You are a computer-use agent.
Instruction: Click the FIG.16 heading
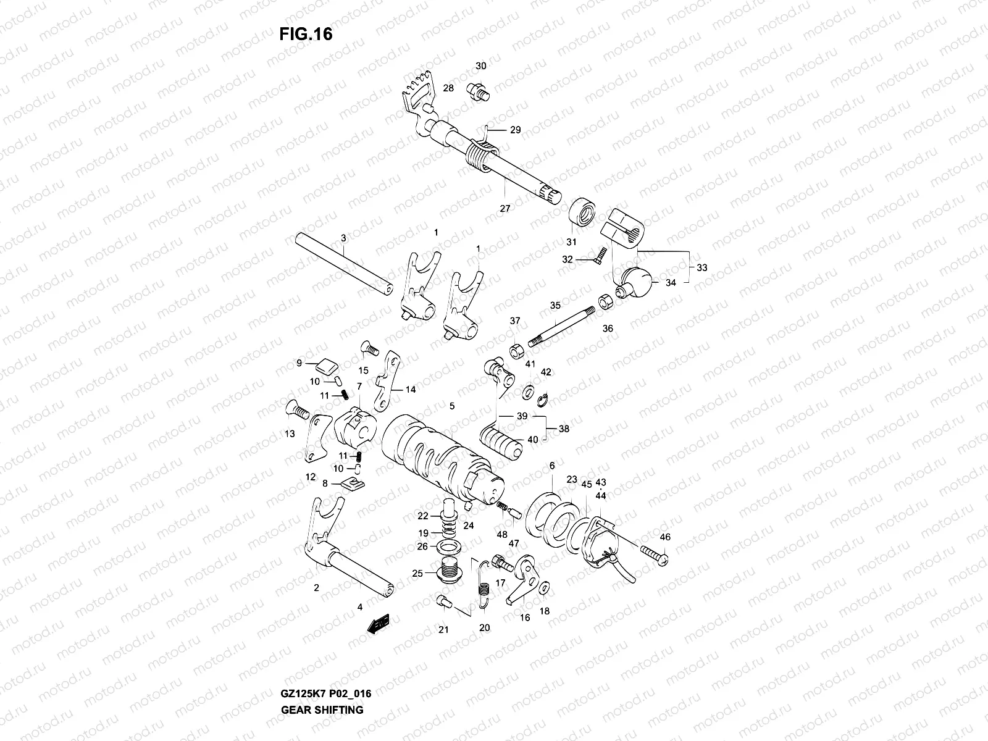(x=306, y=34)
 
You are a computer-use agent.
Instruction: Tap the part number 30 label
(x=480, y=66)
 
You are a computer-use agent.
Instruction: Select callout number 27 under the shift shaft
(x=505, y=209)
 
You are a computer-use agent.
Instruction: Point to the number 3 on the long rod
(x=343, y=238)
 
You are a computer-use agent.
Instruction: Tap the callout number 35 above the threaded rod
(x=555, y=305)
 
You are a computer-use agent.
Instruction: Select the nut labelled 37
(x=517, y=351)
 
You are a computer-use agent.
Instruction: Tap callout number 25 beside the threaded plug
(x=417, y=573)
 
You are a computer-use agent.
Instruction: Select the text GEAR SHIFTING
(x=322, y=675)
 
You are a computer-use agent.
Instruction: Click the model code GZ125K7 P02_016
(x=325, y=659)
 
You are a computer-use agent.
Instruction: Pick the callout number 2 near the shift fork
(x=316, y=588)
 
